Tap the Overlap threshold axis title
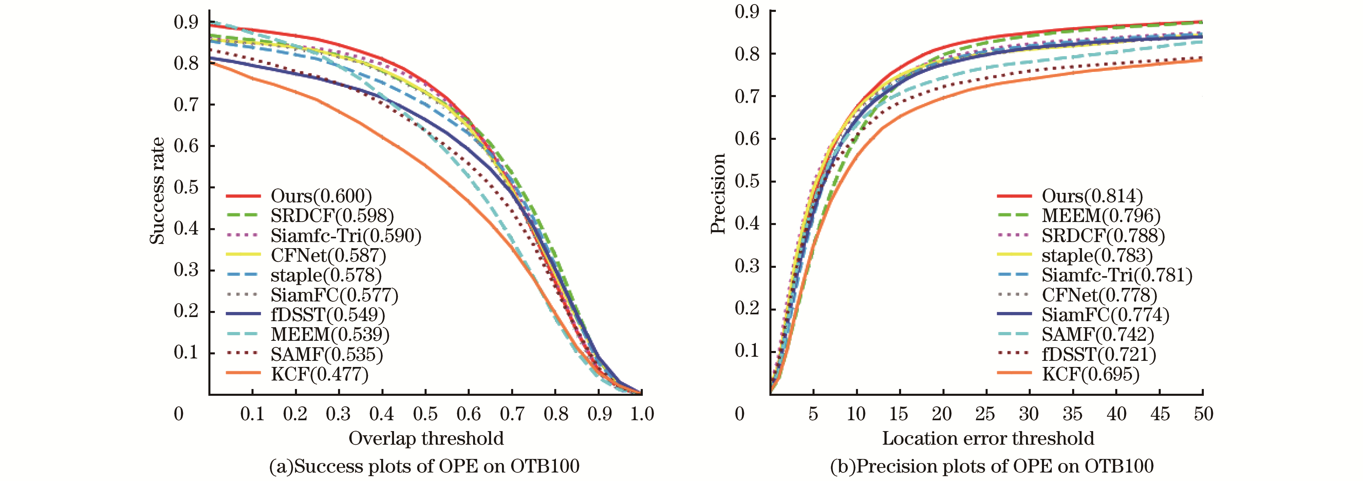pos(426,438)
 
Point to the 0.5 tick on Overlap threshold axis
pos(425,414)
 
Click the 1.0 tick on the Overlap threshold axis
pos(642,414)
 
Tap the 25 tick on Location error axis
pos(985,414)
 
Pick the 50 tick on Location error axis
pos(1203,414)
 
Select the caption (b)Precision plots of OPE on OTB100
pos(992,466)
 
